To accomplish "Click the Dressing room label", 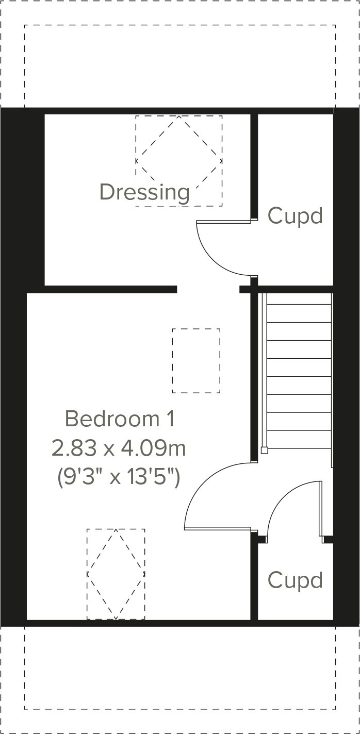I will point(144,192).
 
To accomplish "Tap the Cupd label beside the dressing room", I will point(295,215).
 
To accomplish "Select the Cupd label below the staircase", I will point(295,580).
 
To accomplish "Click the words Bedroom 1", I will point(120,419).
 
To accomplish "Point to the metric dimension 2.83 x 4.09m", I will point(119,448).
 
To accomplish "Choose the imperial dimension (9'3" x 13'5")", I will point(119,478).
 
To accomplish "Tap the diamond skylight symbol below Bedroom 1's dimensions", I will point(116,574).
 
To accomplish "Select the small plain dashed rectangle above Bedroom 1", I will point(196,361).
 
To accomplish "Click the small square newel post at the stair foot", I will point(265,450).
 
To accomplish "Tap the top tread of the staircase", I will point(298,299).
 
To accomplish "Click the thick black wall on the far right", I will point(346,361).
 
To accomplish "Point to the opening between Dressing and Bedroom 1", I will point(208,289).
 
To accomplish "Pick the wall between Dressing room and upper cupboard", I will point(254,165).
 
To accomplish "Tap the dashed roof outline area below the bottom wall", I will point(179,670).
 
